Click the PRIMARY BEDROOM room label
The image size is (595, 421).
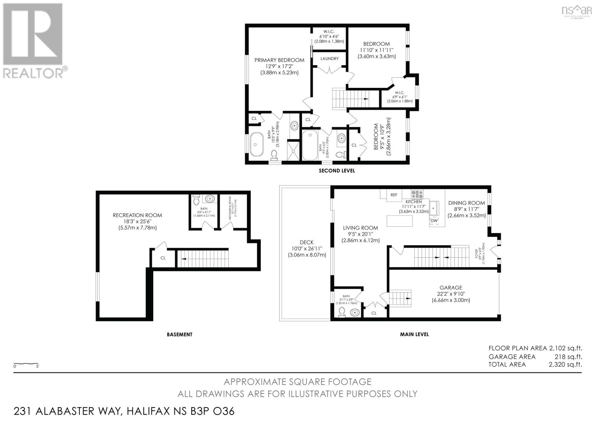[x=279, y=60]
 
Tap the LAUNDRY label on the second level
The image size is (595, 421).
[x=329, y=58]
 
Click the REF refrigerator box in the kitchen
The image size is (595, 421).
[x=394, y=195]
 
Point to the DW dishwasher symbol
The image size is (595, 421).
[x=434, y=221]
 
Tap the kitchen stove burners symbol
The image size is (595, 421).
[x=417, y=194]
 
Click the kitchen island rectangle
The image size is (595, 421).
[x=400, y=221]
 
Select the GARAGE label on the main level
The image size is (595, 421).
[x=451, y=287]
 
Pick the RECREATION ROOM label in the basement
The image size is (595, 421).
[x=137, y=215]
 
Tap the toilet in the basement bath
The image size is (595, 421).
[x=197, y=201]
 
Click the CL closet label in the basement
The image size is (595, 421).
[x=163, y=258]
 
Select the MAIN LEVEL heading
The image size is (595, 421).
[x=414, y=334]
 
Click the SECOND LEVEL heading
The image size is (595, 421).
[x=337, y=171]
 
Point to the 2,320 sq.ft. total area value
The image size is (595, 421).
[x=565, y=364]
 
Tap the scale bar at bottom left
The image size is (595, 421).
[x=26, y=363]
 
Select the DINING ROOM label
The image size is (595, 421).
[x=466, y=203]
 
